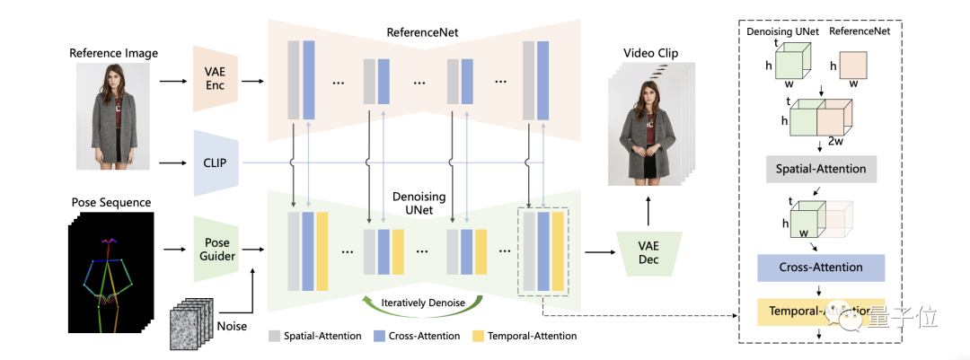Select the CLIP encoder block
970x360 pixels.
click(x=213, y=162)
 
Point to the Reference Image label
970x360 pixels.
click(x=113, y=53)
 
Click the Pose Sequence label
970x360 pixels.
click(x=111, y=202)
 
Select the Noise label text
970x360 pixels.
click(x=232, y=326)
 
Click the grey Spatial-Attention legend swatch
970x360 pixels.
click(x=274, y=336)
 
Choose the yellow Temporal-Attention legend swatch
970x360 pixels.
click(x=478, y=336)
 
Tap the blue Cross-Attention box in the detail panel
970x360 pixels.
click(x=822, y=267)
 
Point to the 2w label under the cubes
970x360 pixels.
click(x=834, y=142)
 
